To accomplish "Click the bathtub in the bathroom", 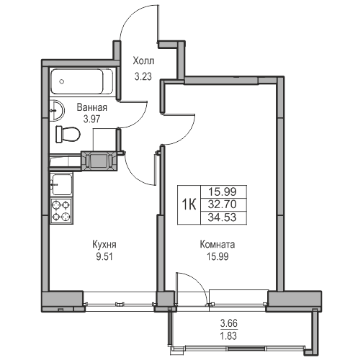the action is click(82, 81).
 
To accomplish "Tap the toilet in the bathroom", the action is click(68, 134).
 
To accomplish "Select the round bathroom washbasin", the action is click(57, 110).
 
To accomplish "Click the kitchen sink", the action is click(62, 184).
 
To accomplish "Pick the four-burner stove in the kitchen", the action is click(61, 211).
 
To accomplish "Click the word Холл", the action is click(143, 61).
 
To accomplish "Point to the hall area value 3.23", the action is click(143, 76).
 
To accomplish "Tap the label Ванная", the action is click(92, 107).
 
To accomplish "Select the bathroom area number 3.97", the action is click(91, 119).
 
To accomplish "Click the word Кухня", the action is click(104, 245).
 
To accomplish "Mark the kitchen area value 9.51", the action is click(104, 257).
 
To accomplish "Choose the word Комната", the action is click(218, 245).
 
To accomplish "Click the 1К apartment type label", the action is click(189, 204).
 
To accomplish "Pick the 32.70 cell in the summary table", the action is click(223, 204).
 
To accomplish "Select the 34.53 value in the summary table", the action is click(223, 217).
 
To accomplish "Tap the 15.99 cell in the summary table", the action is click(223, 192).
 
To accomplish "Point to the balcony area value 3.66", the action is click(229, 323).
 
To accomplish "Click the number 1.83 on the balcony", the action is click(229, 336).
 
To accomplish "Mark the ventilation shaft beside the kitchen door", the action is click(99, 161).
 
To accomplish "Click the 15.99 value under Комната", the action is click(218, 257).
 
